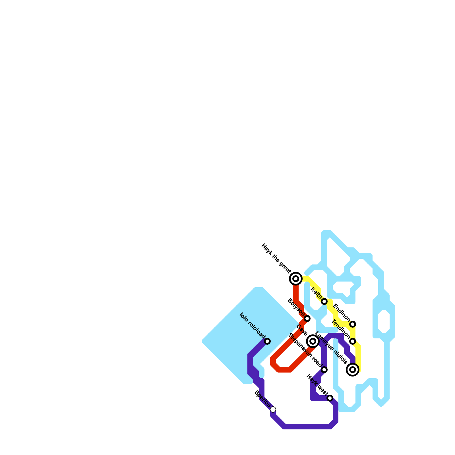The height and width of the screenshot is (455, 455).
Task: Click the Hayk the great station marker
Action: pos(296,279)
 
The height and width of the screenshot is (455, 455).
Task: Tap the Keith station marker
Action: pos(324,301)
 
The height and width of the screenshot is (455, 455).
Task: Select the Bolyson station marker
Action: pos(307,318)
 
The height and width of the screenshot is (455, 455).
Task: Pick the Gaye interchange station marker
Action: pos(313,341)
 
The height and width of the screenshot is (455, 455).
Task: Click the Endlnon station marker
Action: pos(353,324)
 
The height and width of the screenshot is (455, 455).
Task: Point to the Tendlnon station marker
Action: pos(353,341)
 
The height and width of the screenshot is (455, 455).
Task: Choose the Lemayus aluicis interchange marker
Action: pos(353,370)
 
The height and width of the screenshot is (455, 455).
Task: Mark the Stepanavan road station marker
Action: pos(324,370)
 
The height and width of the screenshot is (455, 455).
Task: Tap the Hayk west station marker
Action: pos(330,398)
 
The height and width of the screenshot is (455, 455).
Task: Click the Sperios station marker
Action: pos(273,409)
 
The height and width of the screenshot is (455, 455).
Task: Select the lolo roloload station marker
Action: pos(267,341)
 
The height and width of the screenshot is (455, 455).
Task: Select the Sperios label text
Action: pos(262,399)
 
